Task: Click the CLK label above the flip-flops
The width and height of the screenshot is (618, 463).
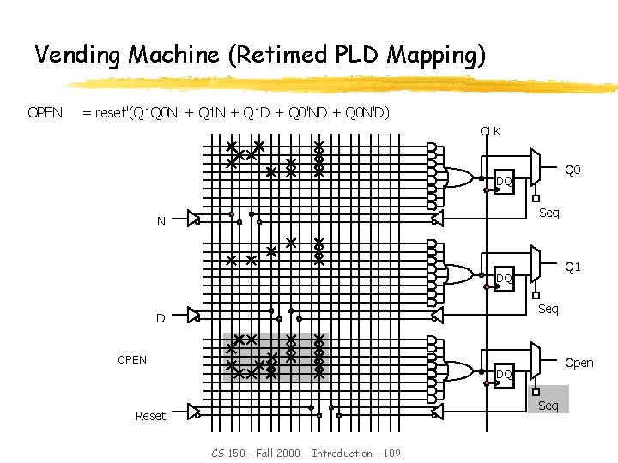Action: (490, 131)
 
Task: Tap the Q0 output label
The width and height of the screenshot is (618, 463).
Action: (573, 171)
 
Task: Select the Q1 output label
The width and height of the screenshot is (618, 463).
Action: (573, 267)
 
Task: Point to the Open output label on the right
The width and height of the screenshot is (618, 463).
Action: (579, 363)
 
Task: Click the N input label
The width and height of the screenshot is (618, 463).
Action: (161, 222)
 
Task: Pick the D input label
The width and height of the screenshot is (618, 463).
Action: (161, 319)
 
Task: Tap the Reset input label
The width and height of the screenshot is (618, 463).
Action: (150, 416)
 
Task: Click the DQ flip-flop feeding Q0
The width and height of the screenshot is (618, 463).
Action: (504, 182)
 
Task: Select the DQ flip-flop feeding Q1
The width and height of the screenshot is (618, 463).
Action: (504, 278)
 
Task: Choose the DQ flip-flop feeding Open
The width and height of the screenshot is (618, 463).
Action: (504, 374)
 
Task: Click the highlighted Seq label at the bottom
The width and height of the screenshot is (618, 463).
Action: (548, 406)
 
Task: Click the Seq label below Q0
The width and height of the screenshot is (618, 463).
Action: (548, 213)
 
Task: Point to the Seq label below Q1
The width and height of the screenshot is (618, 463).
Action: (548, 309)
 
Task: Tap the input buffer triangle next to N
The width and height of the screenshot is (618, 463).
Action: (193, 219)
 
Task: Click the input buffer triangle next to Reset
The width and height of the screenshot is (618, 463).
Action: (193, 412)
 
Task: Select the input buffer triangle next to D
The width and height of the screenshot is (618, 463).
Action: (193, 315)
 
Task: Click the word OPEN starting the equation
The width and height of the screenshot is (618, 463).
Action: (45, 112)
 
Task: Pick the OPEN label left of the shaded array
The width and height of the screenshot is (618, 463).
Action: (132, 359)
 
